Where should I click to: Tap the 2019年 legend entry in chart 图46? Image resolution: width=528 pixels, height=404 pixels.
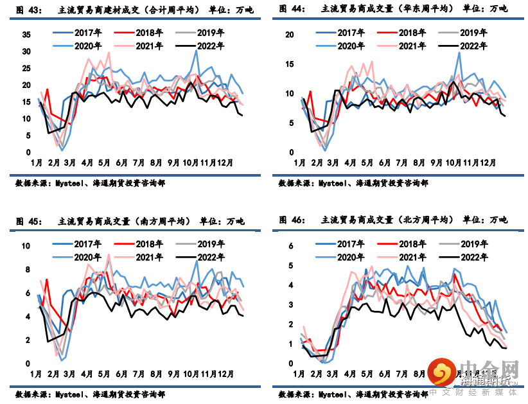475,244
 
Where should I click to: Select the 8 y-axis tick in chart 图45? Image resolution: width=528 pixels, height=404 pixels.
28,270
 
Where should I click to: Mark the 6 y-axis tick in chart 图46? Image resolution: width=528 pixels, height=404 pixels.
290,246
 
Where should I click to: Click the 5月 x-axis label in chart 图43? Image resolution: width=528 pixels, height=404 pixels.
103,163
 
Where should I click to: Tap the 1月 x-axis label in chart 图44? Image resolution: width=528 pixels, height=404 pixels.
299,163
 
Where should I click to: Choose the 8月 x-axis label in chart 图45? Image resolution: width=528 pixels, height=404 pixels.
155,373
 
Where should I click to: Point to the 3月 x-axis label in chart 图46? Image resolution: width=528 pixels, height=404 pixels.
333,373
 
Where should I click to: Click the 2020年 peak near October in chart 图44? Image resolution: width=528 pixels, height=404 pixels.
459,53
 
